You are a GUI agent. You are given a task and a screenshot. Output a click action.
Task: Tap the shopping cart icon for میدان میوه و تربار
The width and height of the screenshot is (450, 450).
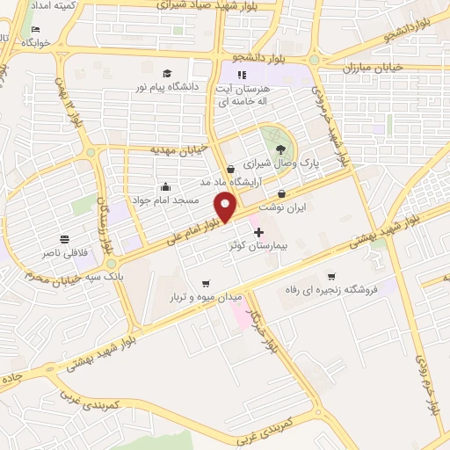coord(206,283)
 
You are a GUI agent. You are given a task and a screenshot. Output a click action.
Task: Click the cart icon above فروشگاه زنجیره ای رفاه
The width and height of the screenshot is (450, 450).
coord(331,276)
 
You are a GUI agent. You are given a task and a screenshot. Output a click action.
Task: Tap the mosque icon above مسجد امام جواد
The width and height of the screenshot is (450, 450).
coord(165,186)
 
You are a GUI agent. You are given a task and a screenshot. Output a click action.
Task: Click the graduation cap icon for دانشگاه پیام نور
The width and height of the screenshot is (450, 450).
coord(168,73)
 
